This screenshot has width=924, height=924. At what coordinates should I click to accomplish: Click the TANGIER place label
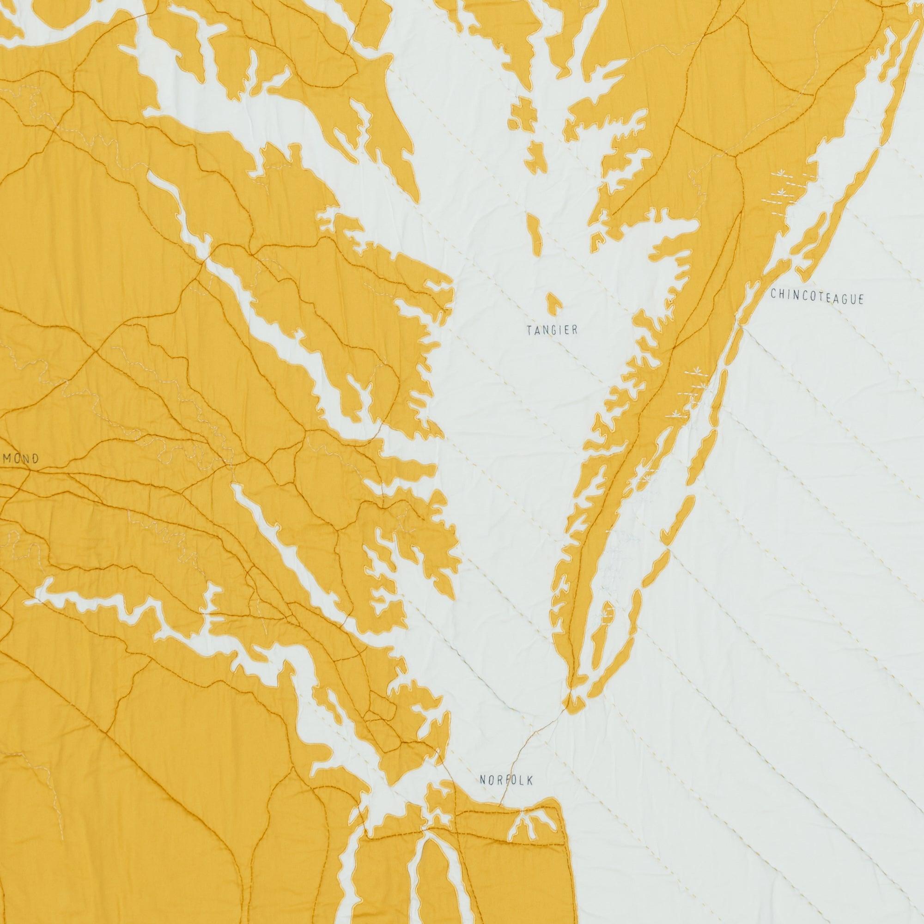(x=553, y=329)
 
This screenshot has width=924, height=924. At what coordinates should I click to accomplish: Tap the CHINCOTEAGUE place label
(x=817, y=298)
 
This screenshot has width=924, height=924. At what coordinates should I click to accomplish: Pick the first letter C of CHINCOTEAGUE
(x=773, y=294)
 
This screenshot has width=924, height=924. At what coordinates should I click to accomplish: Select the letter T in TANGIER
(x=529, y=329)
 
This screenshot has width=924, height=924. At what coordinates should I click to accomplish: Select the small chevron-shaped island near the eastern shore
(x=598, y=240)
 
